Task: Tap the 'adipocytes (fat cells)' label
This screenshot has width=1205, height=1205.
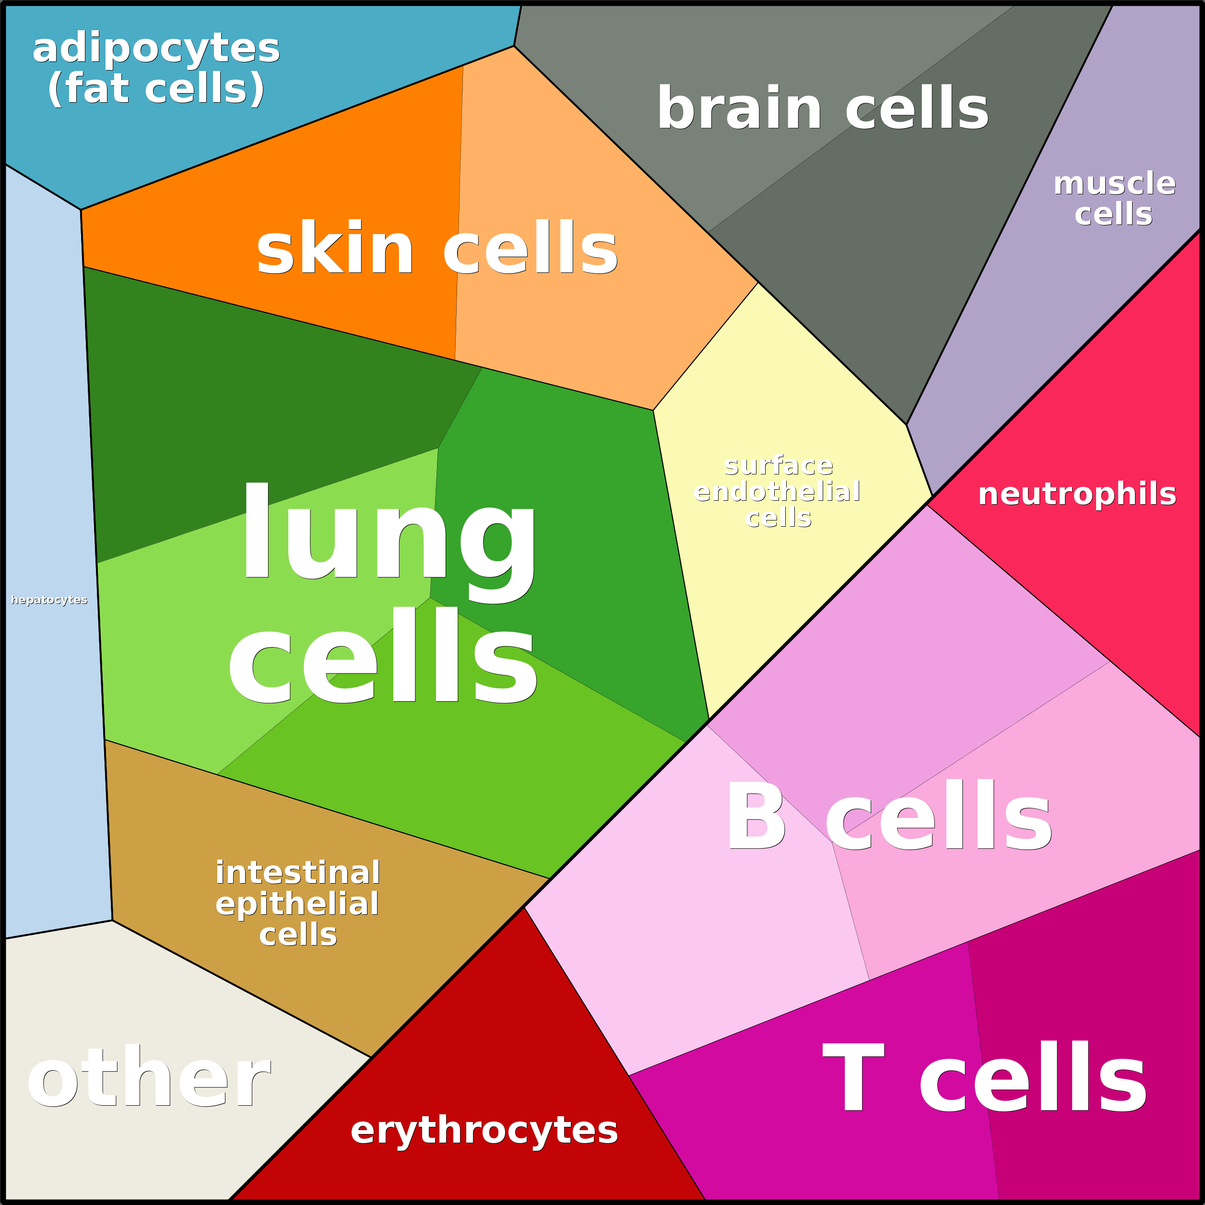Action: coord(156,69)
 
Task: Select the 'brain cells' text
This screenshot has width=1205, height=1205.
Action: coord(823,108)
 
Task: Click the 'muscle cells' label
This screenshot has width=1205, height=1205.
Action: coord(1114,198)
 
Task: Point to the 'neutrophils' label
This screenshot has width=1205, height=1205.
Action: coord(1077,494)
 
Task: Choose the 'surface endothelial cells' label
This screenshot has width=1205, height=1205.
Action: coord(778,492)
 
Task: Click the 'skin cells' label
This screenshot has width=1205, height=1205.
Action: coord(437,248)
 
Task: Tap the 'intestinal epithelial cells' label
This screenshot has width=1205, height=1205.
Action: coord(297,903)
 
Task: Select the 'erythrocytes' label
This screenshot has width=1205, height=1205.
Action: coord(484,1131)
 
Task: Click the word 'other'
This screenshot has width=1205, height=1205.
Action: coord(148,1079)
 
